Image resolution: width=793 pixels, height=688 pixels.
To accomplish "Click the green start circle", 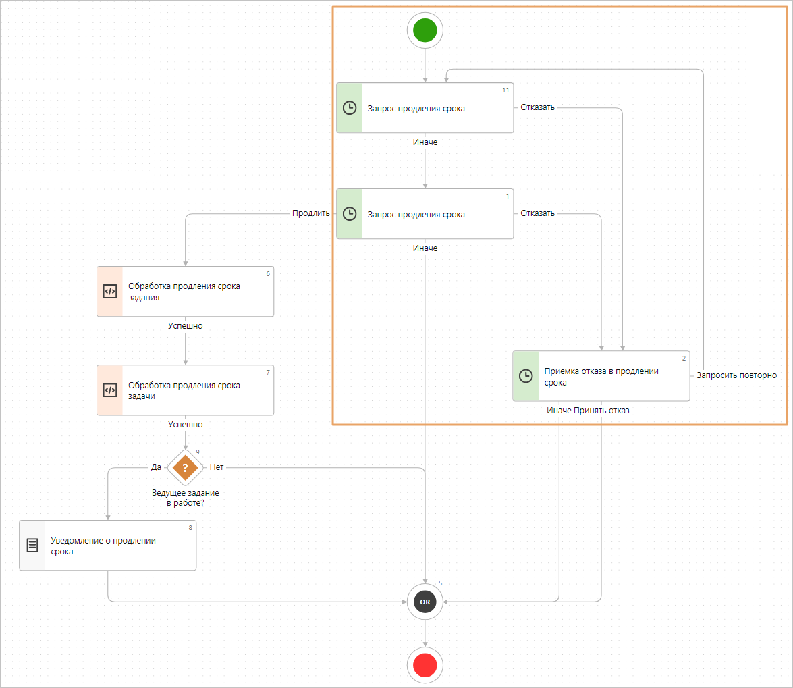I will (x=425, y=30).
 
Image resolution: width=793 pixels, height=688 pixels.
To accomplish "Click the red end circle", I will (x=425, y=666).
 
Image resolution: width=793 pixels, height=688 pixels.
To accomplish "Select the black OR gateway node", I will (x=425, y=601).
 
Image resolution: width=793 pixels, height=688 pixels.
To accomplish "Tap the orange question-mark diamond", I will (x=185, y=467).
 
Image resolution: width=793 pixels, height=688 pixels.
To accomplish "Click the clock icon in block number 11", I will (x=350, y=108).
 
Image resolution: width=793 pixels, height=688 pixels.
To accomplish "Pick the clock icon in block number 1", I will (x=350, y=214).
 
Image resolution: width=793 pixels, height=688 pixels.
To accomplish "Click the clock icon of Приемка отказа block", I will (x=526, y=376).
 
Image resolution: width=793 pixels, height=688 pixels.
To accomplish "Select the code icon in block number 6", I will (x=109, y=291).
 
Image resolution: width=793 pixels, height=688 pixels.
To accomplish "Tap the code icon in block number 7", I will (x=109, y=390).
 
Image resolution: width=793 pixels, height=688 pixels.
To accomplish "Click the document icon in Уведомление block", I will (x=32, y=545).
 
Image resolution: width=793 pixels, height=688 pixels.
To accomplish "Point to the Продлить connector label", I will (x=310, y=214).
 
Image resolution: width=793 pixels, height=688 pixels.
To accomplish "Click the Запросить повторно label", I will (x=736, y=375).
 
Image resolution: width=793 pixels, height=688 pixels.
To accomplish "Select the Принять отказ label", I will (x=601, y=410).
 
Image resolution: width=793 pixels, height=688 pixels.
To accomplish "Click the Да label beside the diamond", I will (x=156, y=467).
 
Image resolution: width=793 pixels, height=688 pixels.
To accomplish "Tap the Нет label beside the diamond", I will (x=217, y=467).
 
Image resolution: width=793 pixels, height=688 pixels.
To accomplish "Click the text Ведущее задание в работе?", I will (x=185, y=498).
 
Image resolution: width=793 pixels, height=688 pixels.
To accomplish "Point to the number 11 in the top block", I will (x=505, y=90).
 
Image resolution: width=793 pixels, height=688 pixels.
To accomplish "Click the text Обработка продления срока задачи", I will (x=184, y=391).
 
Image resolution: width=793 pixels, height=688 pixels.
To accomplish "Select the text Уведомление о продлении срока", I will (x=103, y=546).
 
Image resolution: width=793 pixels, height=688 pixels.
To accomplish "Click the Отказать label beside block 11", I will (x=537, y=107).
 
